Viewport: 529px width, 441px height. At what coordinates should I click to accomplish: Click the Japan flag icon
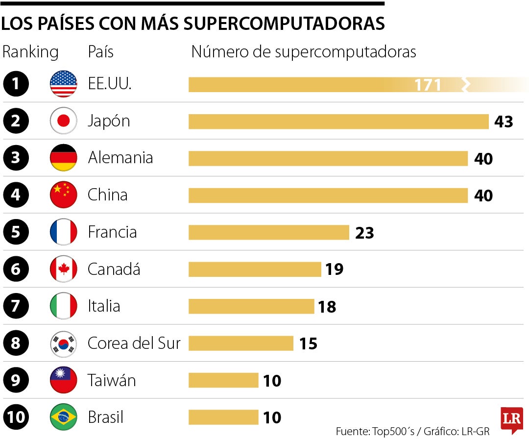[64, 121]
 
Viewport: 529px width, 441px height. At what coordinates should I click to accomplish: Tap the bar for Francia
[268, 232]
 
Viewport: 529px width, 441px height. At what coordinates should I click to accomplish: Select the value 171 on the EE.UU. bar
[428, 85]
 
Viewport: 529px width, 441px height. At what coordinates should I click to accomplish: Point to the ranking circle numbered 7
[16, 306]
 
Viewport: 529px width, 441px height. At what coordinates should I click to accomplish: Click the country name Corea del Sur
[134, 343]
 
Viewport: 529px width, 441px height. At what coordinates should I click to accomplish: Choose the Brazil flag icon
[64, 417]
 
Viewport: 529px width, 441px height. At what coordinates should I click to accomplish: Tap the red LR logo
[511, 420]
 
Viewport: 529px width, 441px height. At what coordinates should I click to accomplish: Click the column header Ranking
[30, 52]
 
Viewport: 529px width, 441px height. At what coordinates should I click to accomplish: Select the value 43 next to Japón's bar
[504, 122]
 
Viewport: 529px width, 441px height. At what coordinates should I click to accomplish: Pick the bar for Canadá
[255, 269]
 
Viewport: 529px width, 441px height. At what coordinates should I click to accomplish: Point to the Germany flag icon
[64, 158]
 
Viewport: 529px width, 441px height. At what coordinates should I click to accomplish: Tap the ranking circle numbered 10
[16, 417]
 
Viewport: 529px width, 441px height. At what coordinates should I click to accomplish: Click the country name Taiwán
[112, 380]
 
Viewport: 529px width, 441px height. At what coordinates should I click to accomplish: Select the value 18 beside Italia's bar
[327, 307]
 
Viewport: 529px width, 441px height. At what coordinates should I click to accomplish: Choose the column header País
[100, 52]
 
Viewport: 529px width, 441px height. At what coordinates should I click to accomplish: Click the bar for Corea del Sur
[240, 343]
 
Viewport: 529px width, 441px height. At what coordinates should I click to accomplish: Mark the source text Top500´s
[394, 432]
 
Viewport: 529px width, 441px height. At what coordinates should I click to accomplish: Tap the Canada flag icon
[64, 269]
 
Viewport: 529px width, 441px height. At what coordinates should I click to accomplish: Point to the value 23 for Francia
[364, 233]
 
